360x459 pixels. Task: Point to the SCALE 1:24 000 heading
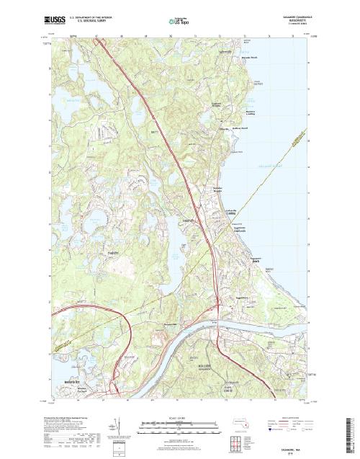(179, 416)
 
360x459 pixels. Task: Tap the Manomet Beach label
(248, 73)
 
